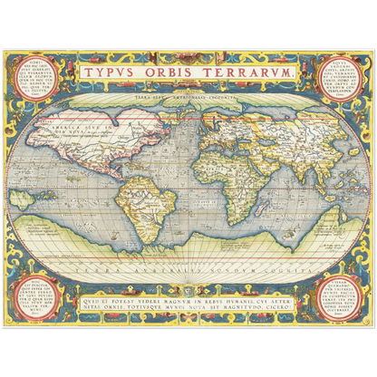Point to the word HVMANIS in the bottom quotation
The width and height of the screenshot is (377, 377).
(x=239, y=293)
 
